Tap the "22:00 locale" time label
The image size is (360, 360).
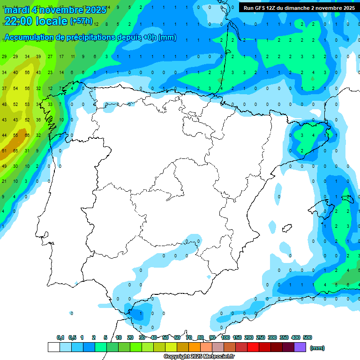click(x=36, y=21)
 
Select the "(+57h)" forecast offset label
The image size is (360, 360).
click(x=81, y=21)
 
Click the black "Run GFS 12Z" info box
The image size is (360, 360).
click(x=299, y=7)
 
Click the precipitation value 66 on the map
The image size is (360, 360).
click(x=27, y=135)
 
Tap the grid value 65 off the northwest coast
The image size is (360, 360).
click(x=15, y=150)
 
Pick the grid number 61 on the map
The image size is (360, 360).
click(x=4, y=150)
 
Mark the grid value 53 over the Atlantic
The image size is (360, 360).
click(x=27, y=105)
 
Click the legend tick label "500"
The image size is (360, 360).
click(x=307, y=337)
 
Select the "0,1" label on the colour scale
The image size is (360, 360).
click(x=60, y=337)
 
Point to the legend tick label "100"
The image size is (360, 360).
click(x=225, y=337)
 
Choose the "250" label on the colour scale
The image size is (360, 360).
click(x=261, y=337)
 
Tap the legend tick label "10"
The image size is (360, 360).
click(x=119, y=337)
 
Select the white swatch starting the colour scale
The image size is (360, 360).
click(x=53, y=347)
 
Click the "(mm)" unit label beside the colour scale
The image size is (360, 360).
click(x=317, y=348)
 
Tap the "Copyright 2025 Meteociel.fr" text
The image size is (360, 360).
click(x=199, y=357)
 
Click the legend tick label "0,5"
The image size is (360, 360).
click(x=72, y=337)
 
